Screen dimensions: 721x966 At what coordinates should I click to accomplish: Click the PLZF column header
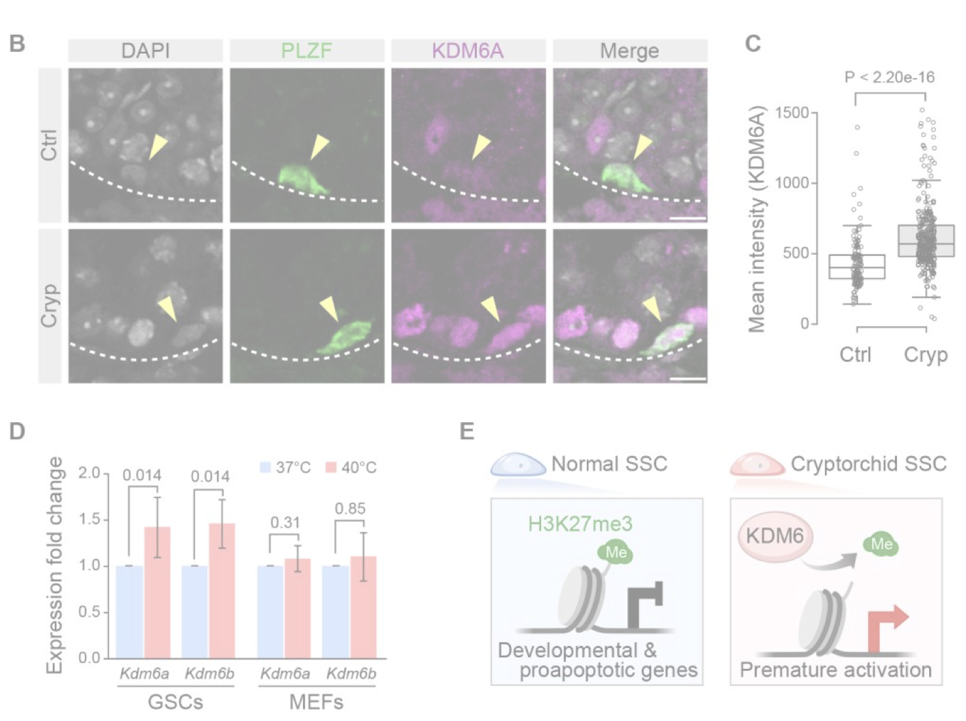[x=306, y=51]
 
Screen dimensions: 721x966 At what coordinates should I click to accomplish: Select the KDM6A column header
[x=468, y=51]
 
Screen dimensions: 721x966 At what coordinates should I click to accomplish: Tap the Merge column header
[x=629, y=51]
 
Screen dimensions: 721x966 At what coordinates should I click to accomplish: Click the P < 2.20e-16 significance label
[x=889, y=77]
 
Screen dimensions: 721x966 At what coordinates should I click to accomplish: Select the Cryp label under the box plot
[x=926, y=355]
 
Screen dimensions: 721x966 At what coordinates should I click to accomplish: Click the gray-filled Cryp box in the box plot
[x=926, y=241]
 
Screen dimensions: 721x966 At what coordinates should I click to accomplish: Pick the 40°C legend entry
[x=351, y=468]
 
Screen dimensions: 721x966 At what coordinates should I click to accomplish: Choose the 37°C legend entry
[x=285, y=468]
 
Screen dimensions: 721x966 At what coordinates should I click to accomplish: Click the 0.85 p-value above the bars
[x=350, y=509]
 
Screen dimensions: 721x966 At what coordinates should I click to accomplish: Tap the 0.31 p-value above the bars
[x=285, y=523]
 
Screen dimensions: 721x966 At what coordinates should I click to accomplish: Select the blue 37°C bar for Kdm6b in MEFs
[x=335, y=612]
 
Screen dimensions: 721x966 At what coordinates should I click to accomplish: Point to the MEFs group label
[x=316, y=703]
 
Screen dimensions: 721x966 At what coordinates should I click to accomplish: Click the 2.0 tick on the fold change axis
[x=89, y=473]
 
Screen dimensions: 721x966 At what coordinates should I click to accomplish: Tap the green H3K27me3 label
[x=580, y=525]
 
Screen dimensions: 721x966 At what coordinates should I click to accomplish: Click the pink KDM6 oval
[x=775, y=536]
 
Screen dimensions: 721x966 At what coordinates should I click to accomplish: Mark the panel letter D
[x=17, y=431]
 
